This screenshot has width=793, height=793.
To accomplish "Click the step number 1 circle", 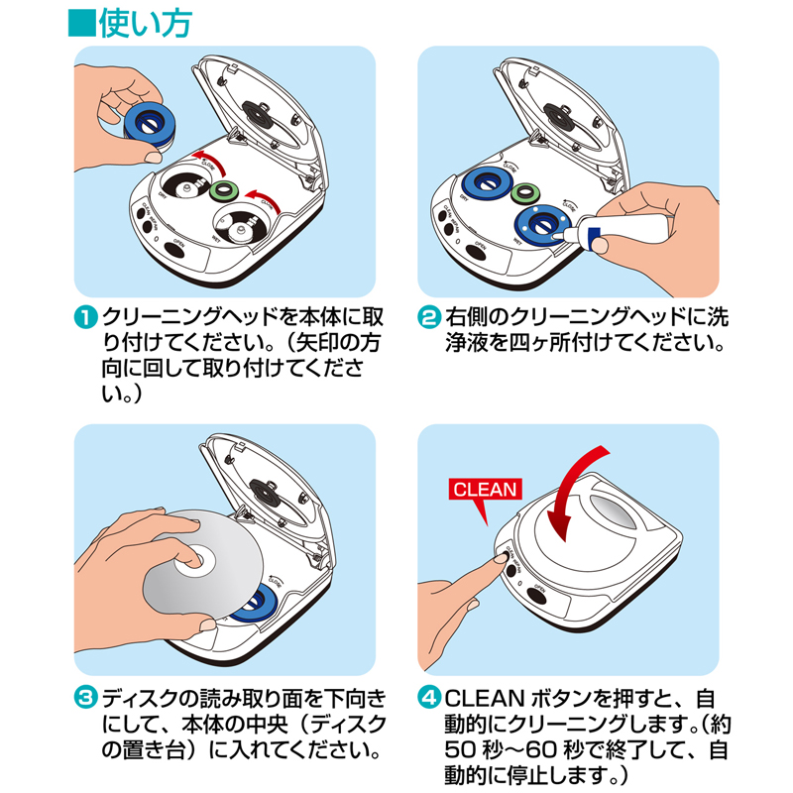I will [x=85, y=319].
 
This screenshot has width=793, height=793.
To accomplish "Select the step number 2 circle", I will [x=428, y=319].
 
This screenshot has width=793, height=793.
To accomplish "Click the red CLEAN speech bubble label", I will [x=485, y=489].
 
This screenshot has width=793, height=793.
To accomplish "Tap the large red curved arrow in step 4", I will [x=580, y=486].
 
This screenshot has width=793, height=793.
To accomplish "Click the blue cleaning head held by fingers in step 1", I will [x=149, y=123].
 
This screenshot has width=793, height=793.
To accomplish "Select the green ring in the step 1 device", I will [x=223, y=190].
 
